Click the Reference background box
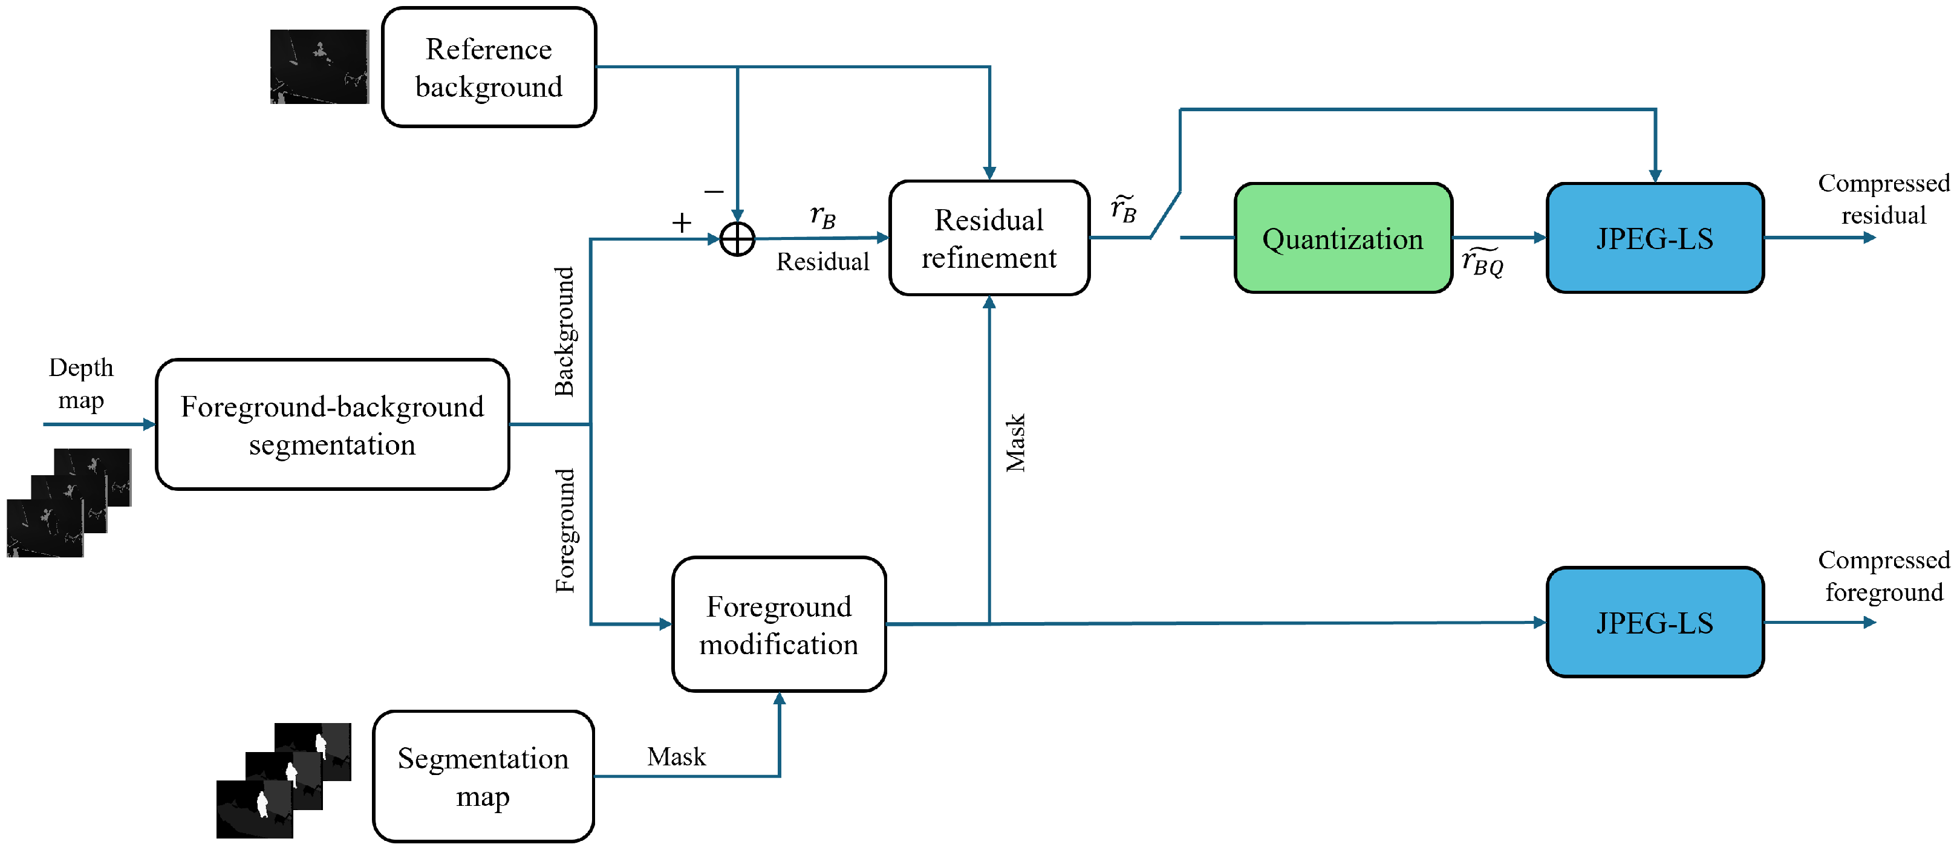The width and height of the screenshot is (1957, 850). (x=489, y=68)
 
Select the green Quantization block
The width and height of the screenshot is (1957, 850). (x=1343, y=239)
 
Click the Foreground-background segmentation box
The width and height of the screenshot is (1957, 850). (x=332, y=426)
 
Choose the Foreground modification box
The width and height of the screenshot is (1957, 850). (x=779, y=625)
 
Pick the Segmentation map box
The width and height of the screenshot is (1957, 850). (x=483, y=776)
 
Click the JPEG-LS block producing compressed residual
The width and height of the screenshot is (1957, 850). (x=1655, y=239)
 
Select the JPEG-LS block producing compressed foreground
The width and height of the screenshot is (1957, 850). (x=1655, y=623)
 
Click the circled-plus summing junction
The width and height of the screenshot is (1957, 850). (x=737, y=239)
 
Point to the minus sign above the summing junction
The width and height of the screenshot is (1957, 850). (x=714, y=192)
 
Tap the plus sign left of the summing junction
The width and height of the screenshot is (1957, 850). (x=682, y=222)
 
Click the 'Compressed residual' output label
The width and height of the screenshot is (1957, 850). (x=1883, y=199)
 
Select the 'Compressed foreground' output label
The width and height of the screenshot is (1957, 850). (x=1883, y=576)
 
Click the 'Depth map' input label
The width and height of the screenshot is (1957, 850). (x=81, y=384)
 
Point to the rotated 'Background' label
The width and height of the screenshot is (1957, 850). (x=564, y=331)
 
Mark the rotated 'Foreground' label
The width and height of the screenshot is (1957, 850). (x=564, y=530)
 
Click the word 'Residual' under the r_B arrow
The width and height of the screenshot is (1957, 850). (x=822, y=262)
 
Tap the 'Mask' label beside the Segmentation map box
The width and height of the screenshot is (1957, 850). (x=676, y=756)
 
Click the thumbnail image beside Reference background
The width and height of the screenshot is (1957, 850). (x=319, y=67)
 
